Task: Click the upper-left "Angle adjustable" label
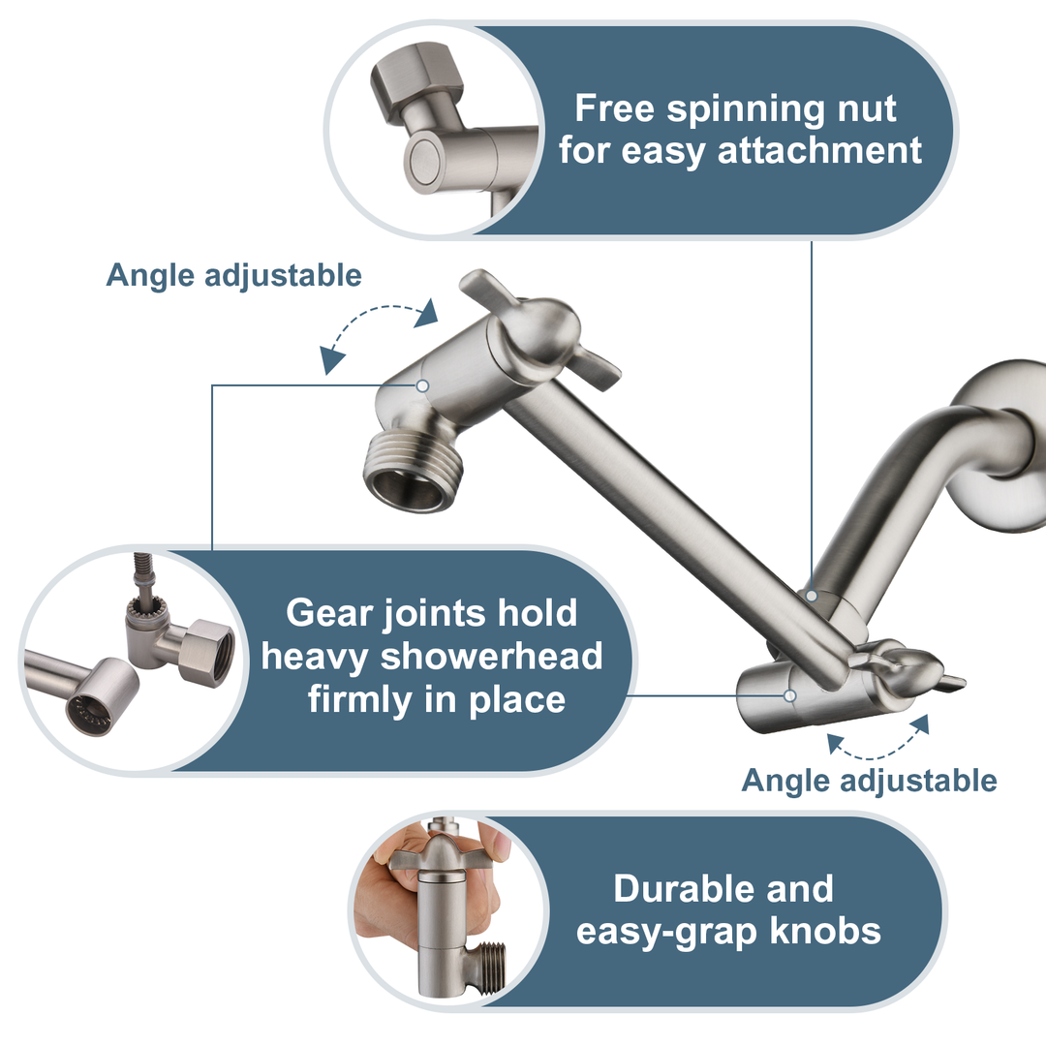pos(233,275)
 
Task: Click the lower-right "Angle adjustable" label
pos(869,780)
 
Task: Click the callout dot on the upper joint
pos(422,385)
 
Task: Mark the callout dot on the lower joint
pos(790,694)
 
